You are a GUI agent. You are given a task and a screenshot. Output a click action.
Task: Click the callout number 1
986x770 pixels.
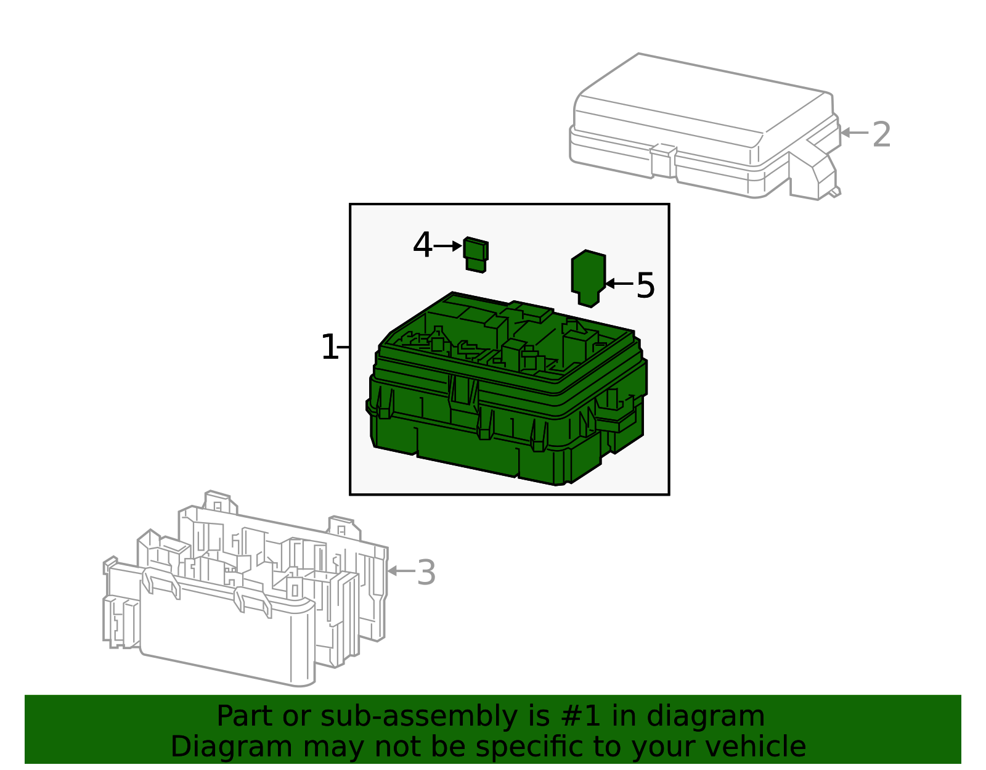330,348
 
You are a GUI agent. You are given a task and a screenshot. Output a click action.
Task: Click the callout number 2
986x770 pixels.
881,135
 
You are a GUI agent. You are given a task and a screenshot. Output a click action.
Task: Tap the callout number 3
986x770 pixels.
426,573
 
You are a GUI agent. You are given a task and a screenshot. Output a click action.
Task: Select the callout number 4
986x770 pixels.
422,246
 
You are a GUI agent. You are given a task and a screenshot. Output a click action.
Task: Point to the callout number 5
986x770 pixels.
645,285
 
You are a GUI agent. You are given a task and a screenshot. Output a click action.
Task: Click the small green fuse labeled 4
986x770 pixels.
476,254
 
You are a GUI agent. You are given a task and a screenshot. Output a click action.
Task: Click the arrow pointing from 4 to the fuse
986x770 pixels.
448,246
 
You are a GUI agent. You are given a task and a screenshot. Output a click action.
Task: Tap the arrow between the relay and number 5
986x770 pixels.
619,284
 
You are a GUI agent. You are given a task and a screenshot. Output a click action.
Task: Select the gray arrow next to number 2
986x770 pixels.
854,133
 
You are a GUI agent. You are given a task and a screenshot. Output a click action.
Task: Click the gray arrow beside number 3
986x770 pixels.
401,571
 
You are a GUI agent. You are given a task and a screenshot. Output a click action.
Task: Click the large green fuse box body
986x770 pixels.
505,407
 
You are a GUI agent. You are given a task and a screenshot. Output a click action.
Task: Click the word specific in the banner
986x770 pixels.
531,747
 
